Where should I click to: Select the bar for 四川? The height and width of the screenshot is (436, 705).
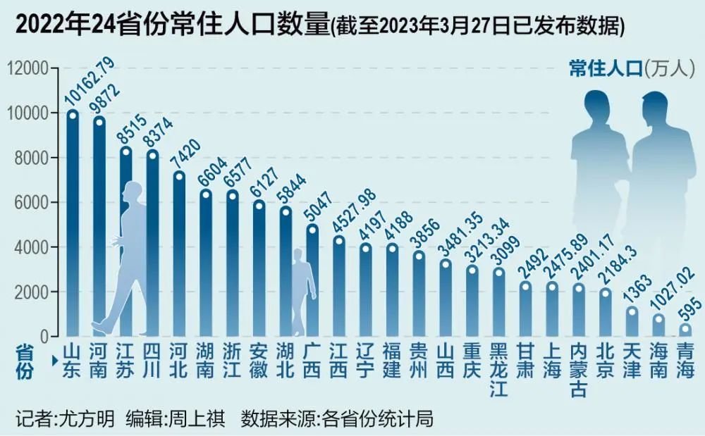(152, 247)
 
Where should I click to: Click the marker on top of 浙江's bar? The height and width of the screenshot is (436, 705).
(232, 194)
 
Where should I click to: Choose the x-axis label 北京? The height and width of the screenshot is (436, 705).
(605, 361)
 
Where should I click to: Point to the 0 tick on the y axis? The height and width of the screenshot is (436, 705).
(42, 337)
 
